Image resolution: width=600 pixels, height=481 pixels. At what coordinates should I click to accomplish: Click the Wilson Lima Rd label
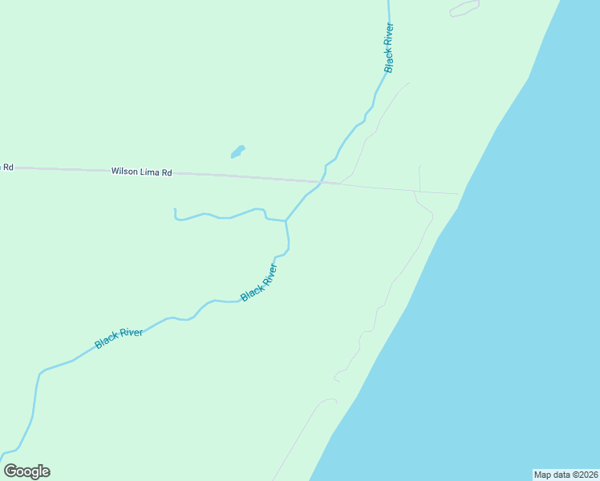[x=142, y=172]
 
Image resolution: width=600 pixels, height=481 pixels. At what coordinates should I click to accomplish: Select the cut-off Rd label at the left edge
[x=8, y=168]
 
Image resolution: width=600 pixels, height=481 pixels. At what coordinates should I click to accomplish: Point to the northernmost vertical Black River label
[x=389, y=48]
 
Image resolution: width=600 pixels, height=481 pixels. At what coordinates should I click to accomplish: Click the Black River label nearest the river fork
[x=259, y=283]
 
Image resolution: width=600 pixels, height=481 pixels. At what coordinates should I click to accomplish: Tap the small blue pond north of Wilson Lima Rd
[x=237, y=151]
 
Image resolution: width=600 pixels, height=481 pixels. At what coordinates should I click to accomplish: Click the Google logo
[x=26, y=471]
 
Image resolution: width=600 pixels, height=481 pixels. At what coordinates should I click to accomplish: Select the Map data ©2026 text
[x=566, y=475]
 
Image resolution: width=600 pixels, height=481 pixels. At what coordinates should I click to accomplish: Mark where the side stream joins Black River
[x=286, y=220]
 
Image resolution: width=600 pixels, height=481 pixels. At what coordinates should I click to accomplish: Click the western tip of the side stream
[x=174, y=210]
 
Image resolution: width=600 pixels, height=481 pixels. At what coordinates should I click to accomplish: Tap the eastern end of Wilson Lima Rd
[x=458, y=194]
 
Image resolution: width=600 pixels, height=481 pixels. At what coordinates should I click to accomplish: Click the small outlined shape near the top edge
[x=464, y=9]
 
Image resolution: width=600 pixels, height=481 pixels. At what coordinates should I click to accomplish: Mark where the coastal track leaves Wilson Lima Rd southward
[x=414, y=192]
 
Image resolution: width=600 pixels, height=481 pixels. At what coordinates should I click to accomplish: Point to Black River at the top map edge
[x=388, y=2]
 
